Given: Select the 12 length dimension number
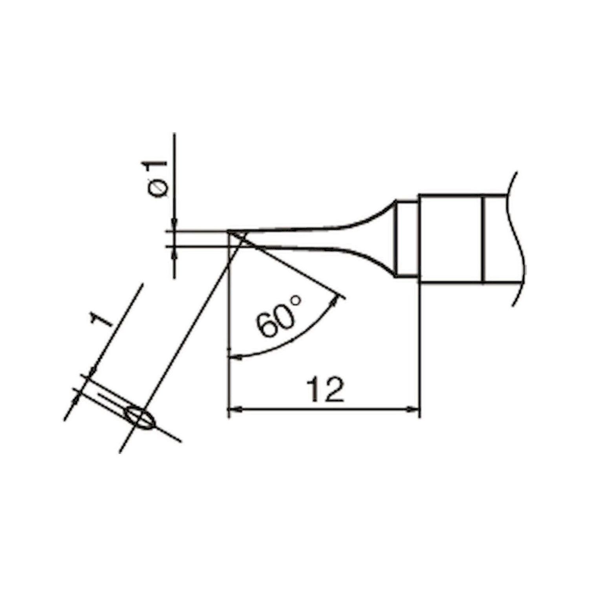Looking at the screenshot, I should coord(326,390).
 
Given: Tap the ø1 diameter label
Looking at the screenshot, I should coord(159,179).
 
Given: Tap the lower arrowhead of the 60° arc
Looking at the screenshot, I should coord(234,357).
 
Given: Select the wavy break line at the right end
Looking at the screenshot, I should coord(518,240).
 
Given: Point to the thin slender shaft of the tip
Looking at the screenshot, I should coord(291,238).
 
